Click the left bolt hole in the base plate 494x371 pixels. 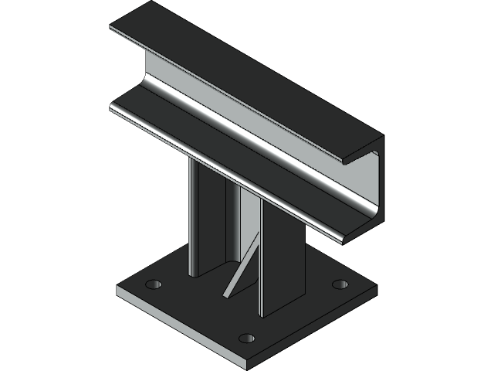155,284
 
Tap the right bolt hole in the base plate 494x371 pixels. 340,284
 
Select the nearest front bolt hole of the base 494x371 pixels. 246,338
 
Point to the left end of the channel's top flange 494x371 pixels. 116,29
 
